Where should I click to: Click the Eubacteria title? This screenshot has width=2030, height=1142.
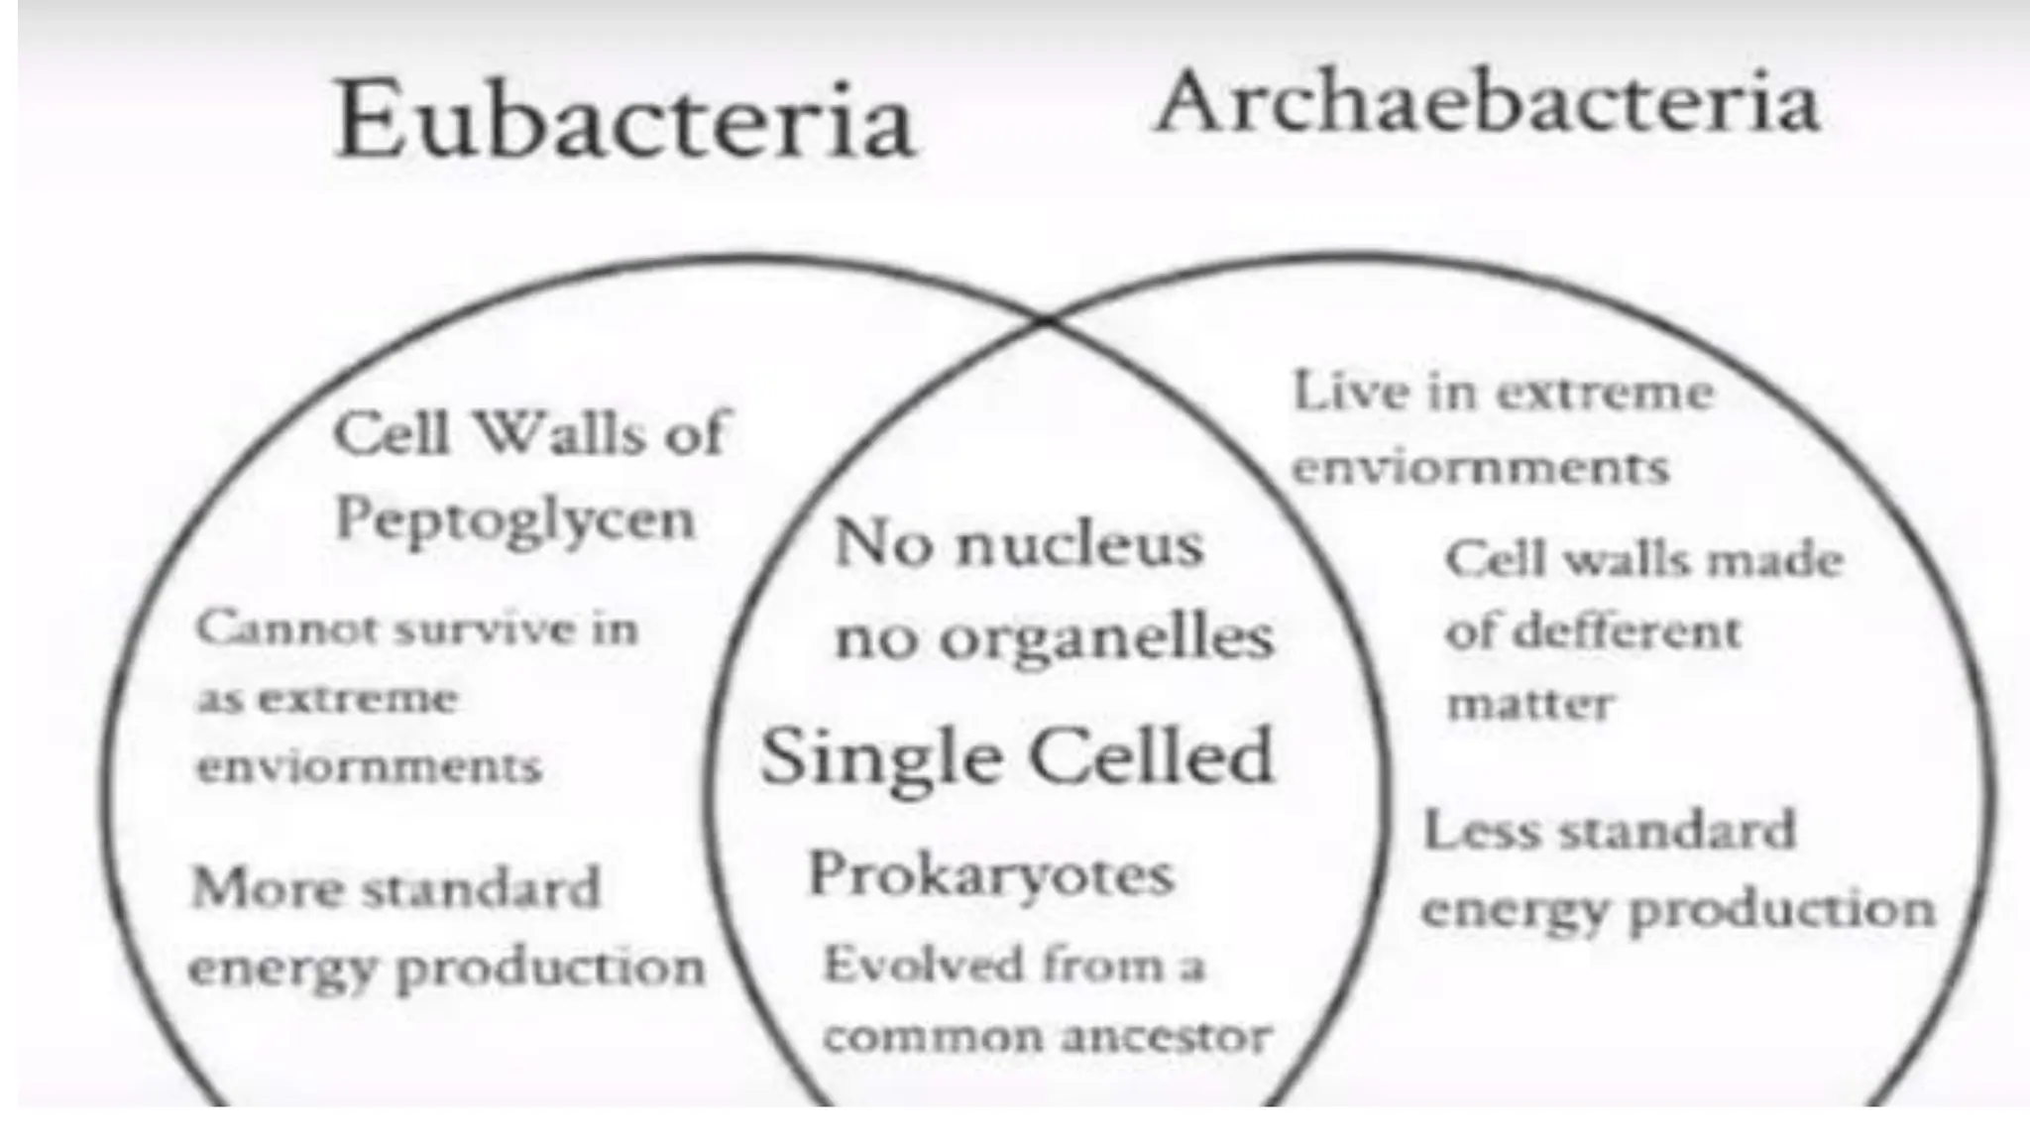pos(624,121)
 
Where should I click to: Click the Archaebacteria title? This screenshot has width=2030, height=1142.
pos(1487,102)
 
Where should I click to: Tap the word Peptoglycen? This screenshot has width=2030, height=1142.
pos(514,519)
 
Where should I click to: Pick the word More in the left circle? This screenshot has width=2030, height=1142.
pos(268,887)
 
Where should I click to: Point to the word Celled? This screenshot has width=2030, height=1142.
pos(1150,755)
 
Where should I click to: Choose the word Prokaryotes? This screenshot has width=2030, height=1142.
pos(990,875)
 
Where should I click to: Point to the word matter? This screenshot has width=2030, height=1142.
pos(1529,704)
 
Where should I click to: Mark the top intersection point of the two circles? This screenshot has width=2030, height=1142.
pos(1047,319)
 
